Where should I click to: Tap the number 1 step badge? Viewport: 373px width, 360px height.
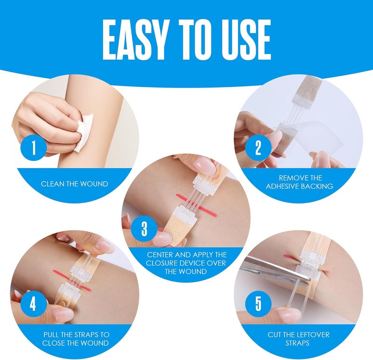pyautogui.click(x=32, y=148)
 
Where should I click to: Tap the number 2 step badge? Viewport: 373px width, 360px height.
pyautogui.click(x=258, y=148)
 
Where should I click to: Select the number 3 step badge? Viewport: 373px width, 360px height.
pyautogui.click(x=144, y=228)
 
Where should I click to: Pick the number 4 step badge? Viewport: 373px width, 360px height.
pyautogui.click(x=32, y=304)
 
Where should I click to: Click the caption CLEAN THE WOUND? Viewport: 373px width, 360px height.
pyautogui.click(x=75, y=184)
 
